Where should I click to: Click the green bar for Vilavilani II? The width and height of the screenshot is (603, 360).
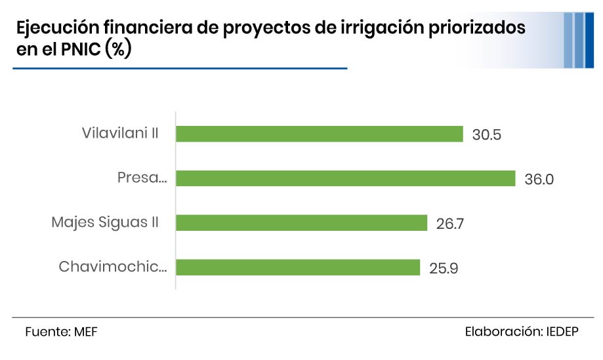(320, 134)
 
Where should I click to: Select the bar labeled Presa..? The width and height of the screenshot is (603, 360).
(345, 178)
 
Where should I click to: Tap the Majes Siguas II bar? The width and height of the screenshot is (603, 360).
(302, 223)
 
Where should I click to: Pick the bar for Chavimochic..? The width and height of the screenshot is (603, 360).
(298, 268)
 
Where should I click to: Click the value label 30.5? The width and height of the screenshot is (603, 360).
(487, 135)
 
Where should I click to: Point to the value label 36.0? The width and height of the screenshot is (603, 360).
(539, 179)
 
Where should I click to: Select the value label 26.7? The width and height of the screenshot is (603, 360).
(450, 224)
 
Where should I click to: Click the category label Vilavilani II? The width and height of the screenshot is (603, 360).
(120, 133)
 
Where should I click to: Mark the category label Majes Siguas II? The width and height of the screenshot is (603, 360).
(105, 222)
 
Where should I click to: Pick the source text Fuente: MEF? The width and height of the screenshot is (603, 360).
(56, 332)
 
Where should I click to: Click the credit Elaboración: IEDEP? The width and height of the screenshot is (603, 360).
(521, 332)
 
